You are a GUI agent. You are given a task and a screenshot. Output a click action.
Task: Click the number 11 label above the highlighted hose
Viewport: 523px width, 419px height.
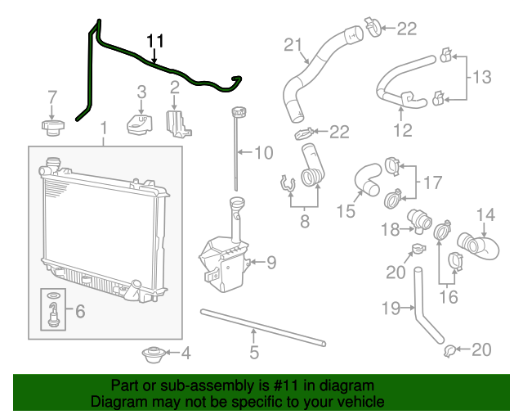[x=155, y=42]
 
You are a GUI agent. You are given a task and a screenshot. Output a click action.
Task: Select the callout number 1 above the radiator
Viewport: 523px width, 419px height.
[x=103, y=128]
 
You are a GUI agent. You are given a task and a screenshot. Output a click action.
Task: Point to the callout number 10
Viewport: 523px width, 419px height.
[x=263, y=152]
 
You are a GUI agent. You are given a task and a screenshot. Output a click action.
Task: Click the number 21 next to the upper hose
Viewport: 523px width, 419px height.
[x=293, y=44]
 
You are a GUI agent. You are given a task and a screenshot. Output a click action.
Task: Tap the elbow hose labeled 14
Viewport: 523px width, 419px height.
[x=476, y=244]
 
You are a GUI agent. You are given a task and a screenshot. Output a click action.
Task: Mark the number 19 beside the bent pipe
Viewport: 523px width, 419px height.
[x=391, y=309]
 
